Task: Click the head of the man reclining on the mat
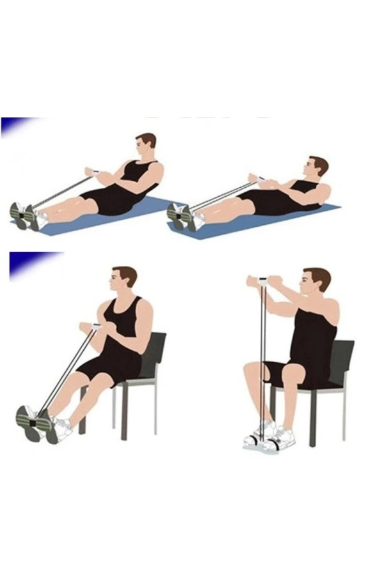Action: coord(317,167)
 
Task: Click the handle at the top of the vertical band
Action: coord(262,280)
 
